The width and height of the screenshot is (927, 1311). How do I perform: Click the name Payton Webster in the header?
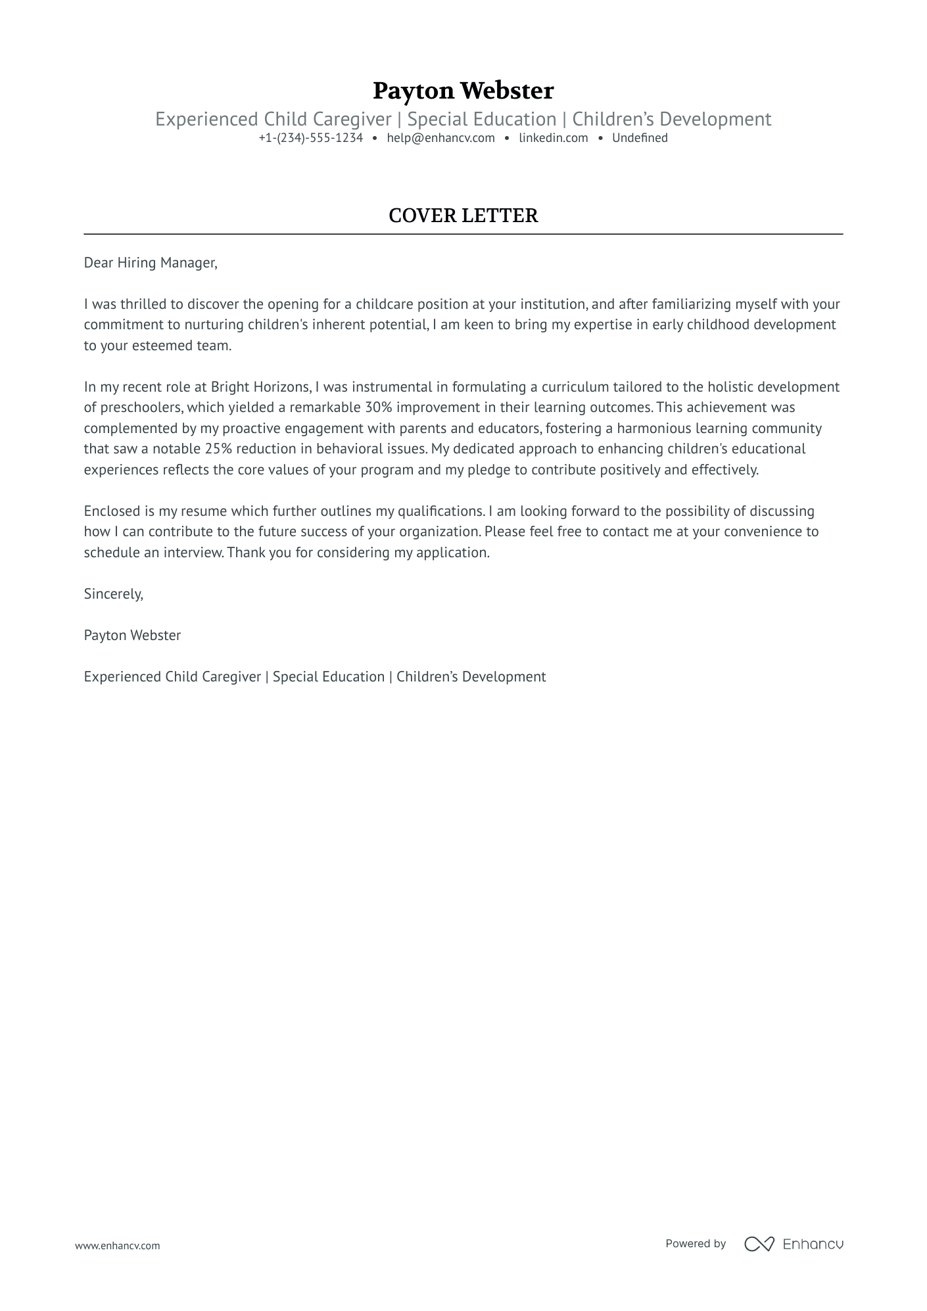pos(463,91)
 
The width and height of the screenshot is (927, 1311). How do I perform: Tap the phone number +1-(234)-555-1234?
pos(310,138)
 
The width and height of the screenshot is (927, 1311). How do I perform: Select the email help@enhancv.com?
pos(440,138)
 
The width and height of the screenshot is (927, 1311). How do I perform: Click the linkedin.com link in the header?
pos(553,138)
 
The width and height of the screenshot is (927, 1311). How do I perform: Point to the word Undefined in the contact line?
pos(639,138)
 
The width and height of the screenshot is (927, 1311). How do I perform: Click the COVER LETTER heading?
pos(463,216)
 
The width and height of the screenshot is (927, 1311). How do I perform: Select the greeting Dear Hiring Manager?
pos(150,263)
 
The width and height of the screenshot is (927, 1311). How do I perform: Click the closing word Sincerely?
pos(113,594)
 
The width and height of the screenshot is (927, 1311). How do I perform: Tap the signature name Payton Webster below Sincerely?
pos(132,635)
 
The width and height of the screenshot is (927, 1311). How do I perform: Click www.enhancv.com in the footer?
pos(117,1245)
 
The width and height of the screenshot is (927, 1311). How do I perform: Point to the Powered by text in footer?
pos(695,1243)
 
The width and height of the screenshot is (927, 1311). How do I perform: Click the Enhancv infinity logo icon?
pos(759,1243)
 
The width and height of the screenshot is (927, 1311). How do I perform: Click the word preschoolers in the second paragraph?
pos(140,407)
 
